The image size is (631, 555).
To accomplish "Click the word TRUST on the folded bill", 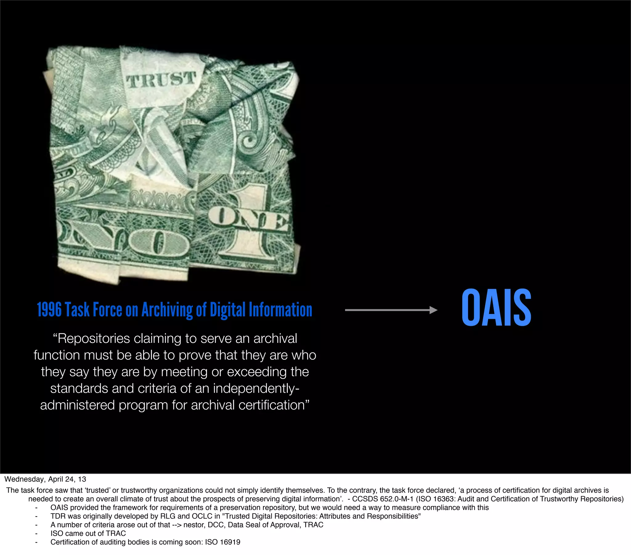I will tap(161, 80).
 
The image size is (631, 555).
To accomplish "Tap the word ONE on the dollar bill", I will tap(249, 219).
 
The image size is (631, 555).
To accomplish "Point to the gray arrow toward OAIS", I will tap(391, 310).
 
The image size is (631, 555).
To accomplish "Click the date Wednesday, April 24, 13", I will tap(45, 479).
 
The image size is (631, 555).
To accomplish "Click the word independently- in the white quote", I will tap(256, 388).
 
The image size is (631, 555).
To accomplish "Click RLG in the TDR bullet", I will tap(168, 516).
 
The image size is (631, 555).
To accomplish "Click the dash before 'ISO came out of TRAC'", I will tap(36, 533).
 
